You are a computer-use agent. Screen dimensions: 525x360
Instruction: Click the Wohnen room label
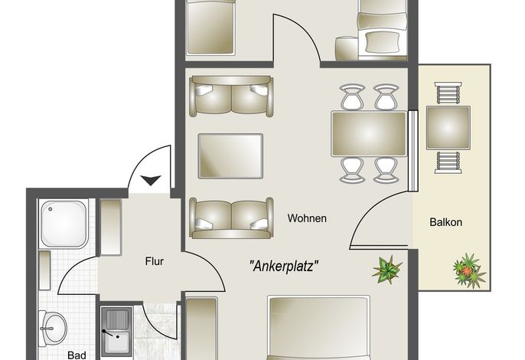point(307,218)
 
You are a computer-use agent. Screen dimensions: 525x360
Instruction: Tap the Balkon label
point(445,222)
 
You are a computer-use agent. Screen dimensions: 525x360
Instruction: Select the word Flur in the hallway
point(155,261)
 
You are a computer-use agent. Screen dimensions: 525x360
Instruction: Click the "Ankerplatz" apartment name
point(284,266)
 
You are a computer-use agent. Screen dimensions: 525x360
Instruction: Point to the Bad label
point(77,355)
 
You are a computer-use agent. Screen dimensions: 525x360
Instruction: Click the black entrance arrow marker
point(151,180)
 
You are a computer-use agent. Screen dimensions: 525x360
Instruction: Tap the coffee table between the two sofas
point(230,155)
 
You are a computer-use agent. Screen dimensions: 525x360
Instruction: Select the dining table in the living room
point(369,134)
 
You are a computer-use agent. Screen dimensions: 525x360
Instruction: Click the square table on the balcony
point(448,128)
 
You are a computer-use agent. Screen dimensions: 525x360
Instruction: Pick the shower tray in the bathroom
point(64,224)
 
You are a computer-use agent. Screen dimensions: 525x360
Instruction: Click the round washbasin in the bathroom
point(54,329)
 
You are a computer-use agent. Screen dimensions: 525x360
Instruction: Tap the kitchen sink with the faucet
point(117,331)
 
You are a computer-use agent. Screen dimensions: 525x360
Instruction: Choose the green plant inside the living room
point(387,269)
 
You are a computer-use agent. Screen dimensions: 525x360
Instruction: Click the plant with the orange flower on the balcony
point(468,271)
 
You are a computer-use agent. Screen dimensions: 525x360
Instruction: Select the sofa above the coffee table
point(231,97)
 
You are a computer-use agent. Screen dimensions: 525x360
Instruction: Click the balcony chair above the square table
point(448,93)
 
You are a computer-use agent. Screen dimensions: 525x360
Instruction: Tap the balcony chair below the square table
point(448,162)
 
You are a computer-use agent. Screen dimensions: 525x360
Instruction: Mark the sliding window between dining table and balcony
point(414,151)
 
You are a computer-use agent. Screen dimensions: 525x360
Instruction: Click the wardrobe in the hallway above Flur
point(111,227)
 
